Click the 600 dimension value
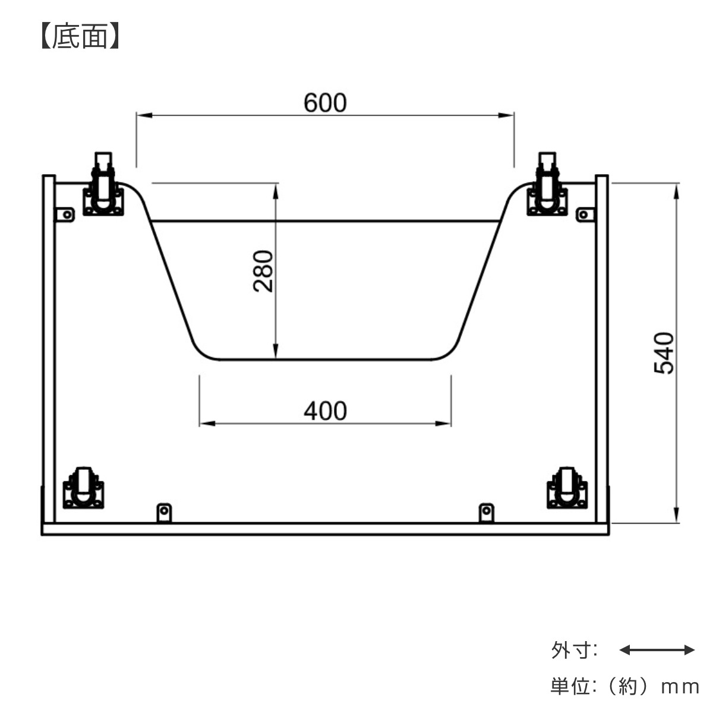coord(325,102)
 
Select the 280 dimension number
coord(263,271)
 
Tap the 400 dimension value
coord(325,411)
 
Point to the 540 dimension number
coord(664,354)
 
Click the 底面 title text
coord(80,36)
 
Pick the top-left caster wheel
coord(103,184)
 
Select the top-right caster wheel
coord(547,184)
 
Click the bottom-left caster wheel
coord(84,487)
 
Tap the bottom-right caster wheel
coord(567,487)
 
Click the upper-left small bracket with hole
coord(65,214)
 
